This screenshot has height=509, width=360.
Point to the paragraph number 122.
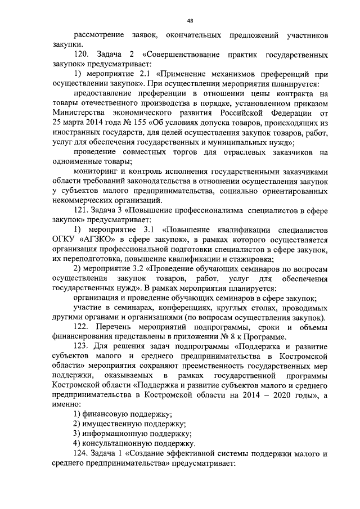click(82, 328)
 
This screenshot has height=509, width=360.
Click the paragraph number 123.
click(82, 349)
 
